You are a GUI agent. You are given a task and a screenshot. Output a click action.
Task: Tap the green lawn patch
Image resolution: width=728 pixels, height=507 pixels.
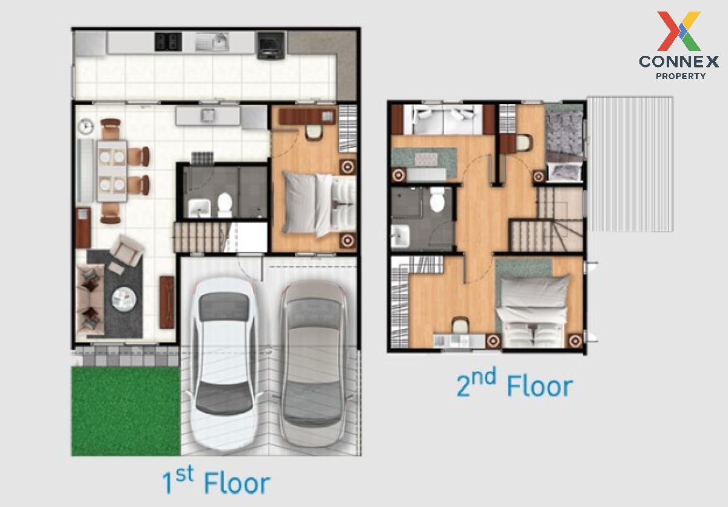(126, 411)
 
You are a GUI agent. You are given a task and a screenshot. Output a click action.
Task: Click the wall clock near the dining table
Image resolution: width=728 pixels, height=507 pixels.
(86, 126)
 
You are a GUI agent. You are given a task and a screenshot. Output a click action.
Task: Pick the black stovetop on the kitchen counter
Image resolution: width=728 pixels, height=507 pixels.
(169, 42)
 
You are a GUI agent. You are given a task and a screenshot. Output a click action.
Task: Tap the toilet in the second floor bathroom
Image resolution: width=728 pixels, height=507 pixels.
(437, 199)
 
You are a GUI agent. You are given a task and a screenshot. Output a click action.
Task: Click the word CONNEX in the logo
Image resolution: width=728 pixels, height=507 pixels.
(679, 62)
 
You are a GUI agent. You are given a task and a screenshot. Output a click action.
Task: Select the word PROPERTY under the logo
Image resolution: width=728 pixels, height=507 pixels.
(681, 76)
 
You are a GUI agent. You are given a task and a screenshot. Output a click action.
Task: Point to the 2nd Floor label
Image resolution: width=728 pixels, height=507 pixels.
(514, 384)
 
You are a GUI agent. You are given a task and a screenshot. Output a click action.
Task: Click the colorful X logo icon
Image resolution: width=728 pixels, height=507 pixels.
(679, 31)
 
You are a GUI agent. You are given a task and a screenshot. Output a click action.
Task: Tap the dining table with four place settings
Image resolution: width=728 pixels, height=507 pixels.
(112, 171)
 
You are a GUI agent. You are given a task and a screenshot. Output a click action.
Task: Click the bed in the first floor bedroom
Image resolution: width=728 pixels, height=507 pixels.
(320, 203)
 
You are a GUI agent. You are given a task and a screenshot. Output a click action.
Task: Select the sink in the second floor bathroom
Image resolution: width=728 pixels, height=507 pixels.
(400, 236)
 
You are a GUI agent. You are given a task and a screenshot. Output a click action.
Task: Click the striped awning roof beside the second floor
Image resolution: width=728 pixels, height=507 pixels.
(630, 164)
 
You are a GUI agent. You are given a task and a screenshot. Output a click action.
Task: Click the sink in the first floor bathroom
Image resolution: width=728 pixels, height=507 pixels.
(199, 208)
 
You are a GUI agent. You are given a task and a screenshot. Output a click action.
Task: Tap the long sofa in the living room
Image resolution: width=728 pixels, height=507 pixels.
(90, 299)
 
